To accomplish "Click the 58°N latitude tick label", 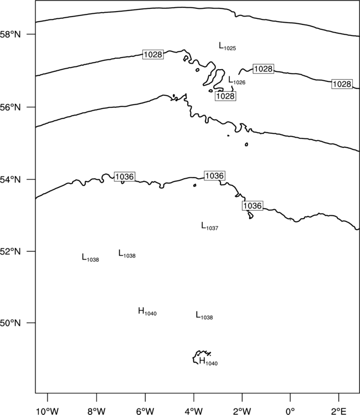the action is tap(10, 34).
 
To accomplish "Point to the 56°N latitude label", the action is tap(10, 107).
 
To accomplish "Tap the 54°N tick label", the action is tap(10, 180).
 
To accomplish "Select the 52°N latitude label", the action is tap(10, 251).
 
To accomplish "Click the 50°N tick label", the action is tap(10, 323).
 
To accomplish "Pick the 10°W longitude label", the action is tap(48, 411).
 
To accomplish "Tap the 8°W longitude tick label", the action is tap(96, 411).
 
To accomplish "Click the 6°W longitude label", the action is tap(145, 411).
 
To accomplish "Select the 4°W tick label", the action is tap(194, 411).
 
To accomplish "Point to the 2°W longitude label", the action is tap(242, 411).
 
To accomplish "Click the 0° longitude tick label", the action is tap(290, 411).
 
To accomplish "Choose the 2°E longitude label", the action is tap(339, 411).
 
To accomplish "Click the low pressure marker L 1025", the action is tap(227, 46).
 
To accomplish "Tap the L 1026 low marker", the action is tap(237, 80).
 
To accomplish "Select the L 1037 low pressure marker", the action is tap(209, 226).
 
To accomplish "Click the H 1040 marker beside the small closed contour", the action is tap(208, 361).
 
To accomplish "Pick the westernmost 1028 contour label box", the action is tap(153, 54).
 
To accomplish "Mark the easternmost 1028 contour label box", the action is tap(342, 84).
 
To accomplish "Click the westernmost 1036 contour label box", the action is tap(125, 177).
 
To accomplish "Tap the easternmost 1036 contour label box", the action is tap(253, 206).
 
